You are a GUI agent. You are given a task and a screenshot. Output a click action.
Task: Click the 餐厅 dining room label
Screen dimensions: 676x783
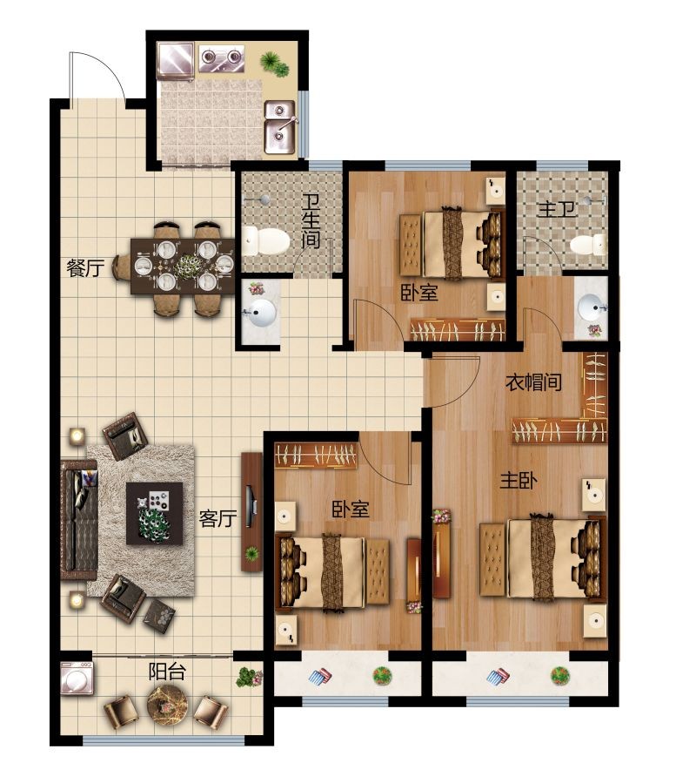(x=85, y=268)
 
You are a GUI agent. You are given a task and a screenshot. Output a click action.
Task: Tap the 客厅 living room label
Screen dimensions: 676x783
(x=218, y=518)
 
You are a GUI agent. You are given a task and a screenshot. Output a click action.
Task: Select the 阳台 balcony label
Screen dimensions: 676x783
(x=167, y=672)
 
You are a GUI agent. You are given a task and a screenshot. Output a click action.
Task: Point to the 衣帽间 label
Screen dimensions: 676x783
(x=533, y=382)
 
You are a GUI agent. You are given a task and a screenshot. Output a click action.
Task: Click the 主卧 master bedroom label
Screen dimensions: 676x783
(x=519, y=481)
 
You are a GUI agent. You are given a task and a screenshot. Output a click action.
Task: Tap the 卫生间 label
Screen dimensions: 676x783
(x=311, y=220)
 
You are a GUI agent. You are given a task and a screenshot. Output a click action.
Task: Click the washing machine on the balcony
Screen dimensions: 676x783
(x=77, y=678)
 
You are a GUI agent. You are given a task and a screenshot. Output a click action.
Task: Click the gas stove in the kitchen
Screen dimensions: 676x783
(x=222, y=58)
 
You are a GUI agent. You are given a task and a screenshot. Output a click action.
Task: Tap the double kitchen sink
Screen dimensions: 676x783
(x=280, y=127)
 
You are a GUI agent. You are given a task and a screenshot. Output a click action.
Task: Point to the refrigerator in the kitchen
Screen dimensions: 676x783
(x=175, y=61)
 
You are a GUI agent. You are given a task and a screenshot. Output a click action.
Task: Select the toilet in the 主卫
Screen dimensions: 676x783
(x=588, y=245)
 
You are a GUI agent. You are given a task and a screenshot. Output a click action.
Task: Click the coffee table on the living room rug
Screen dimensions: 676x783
(x=154, y=513)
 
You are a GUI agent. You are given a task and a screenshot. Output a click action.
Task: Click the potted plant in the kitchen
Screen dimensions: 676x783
(x=274, y=64)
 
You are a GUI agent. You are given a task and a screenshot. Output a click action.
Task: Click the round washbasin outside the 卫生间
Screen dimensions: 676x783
(x=260, y=313)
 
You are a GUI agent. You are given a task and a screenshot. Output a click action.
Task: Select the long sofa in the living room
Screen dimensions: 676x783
(x=78, y=520)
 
